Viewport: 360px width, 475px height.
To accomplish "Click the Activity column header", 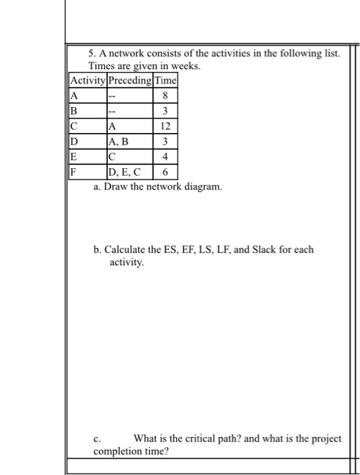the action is coord(88,79).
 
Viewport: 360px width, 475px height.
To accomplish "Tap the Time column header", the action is coord(165,79).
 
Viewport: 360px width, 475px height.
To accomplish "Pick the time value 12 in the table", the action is coord(165,127).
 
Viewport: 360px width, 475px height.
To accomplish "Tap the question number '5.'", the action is coord(93,54).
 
